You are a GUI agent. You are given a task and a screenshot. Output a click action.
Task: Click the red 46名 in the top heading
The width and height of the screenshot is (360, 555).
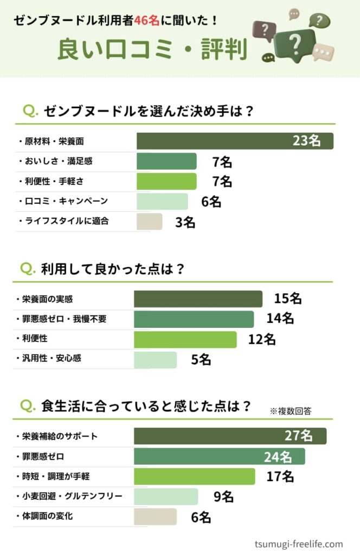pos(146,20)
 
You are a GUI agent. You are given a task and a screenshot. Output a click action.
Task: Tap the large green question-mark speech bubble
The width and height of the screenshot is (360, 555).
pos(295,46)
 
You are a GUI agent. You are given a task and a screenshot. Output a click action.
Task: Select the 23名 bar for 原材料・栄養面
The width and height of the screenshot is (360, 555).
pos(235,141)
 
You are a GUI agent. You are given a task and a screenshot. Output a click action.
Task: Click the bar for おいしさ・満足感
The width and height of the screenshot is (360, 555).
pos(166,162)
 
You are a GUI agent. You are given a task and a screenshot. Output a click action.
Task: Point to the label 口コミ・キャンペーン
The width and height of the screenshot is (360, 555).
pos(66,201)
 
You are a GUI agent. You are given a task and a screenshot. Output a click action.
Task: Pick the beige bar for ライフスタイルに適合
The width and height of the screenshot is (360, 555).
pos(150,222)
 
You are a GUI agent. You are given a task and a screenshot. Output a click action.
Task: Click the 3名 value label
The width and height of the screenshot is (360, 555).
pos(185,223)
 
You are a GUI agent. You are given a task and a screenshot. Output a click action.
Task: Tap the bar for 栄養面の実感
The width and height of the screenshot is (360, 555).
pos(198,299)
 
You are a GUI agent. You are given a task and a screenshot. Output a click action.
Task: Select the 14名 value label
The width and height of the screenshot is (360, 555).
pos(280,318)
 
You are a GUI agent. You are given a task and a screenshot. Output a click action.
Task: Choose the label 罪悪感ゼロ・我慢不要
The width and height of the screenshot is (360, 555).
pos(64,319)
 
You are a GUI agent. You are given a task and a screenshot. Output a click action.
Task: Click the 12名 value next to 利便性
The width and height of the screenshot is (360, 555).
pos(261,339)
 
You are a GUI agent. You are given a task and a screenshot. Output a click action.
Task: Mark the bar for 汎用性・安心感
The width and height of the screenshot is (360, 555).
pos(156,360)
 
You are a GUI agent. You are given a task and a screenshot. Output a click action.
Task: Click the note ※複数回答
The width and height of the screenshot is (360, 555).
pos(291,411)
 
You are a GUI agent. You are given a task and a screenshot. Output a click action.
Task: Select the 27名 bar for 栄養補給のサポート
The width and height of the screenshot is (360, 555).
pos(230,436)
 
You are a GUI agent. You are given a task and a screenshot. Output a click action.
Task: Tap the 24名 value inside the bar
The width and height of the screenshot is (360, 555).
pos(278,457)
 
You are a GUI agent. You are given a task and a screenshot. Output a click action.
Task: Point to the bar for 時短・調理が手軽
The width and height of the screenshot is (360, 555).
pos(194,476)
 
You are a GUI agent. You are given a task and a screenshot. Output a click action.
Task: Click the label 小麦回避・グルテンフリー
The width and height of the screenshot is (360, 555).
pos(72,496)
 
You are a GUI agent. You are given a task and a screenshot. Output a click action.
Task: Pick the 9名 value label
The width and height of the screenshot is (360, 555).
pos(223,497)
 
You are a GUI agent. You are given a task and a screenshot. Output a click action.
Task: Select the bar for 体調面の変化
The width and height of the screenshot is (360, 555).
pos(155,517)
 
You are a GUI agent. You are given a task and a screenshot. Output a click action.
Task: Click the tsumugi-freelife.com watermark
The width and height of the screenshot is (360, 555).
pos(299,544)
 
